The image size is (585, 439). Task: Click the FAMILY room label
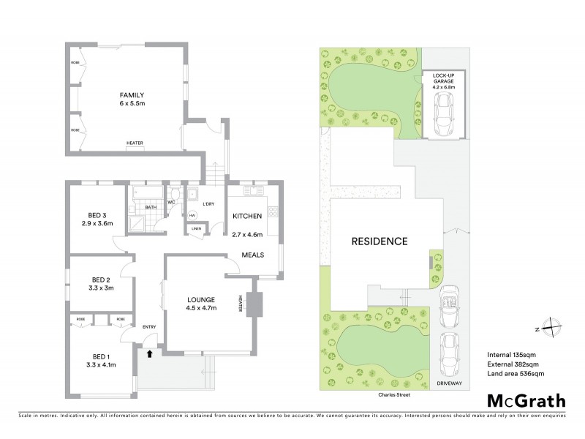[x=132, y=95]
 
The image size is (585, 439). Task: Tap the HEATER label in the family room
[x=134, y=143]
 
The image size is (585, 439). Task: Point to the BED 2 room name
[x=101, y=279]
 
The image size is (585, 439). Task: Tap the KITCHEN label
[x=247, y=217]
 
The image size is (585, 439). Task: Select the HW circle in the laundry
[x=193, y=215]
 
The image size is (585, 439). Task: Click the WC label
[x=170, y=202]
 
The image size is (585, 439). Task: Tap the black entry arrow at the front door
[x=149, y=354]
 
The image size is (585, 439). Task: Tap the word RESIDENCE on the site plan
[x=379, y=241]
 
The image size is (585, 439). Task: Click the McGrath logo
[x=526, y=400]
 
